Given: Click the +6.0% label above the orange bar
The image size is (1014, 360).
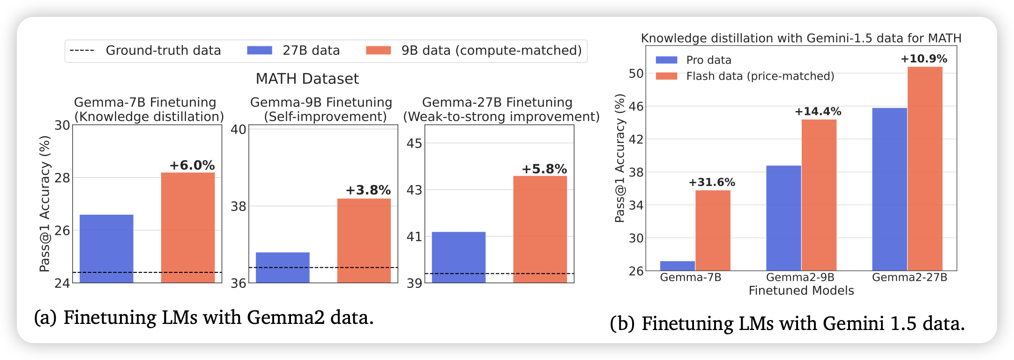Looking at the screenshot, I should click(x=192, y=165).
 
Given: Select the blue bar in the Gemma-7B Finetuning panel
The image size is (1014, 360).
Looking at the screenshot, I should click(x=106, y=248).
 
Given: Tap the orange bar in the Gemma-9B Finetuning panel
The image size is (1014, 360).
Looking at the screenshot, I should click(x=364, y=240).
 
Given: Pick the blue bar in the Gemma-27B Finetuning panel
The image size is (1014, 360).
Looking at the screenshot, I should click(x=458, y=257).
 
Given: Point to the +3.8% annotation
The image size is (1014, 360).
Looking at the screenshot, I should click(x=368, y=190).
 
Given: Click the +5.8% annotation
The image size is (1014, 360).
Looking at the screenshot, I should click(x=544, y=169).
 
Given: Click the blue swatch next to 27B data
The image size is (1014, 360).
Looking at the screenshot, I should click(x=260, y=51).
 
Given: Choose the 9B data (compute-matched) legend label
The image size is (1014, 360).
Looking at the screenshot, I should click(x=491, y=51).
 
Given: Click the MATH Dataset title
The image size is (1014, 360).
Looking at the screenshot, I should click(x=307, y=79).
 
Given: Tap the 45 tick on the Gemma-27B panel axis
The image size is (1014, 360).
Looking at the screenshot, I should click(x=414, y=143).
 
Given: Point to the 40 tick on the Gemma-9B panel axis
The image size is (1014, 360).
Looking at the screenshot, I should click(x=239, y=129).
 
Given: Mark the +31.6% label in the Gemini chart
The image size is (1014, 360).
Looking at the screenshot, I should click(x=712, y=182).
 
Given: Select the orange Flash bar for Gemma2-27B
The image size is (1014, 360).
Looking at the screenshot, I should click(x=925, y=169).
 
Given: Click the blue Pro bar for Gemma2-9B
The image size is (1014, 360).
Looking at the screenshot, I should click(x=783, y=218).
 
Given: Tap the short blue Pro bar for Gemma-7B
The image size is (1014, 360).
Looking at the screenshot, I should click(x=677, y=266).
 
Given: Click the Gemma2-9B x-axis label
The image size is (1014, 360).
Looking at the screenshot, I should click(x=800, y=277).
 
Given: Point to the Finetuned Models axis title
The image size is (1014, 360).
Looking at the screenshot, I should click(x=801, y=291).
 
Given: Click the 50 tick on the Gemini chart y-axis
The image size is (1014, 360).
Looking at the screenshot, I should click(x=636, y=74).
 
